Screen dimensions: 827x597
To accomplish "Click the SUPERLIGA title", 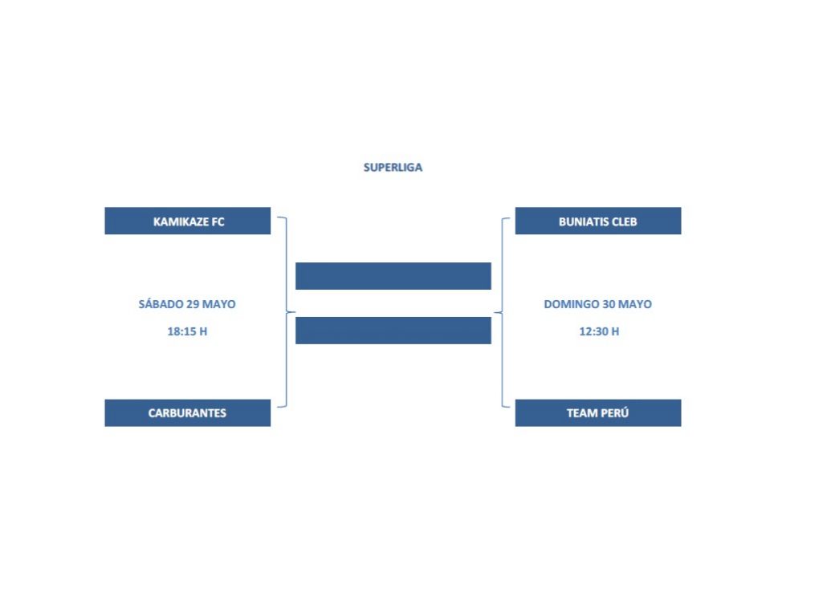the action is click(x=393, y=168).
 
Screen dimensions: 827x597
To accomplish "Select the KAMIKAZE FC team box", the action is click(x=188, y=221).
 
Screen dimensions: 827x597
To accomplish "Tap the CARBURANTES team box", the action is click(x=188, y=413).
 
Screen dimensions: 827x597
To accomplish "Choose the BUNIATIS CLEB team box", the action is click(x=598, y=221).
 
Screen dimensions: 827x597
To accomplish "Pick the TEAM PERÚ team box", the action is click(x=598, y=413).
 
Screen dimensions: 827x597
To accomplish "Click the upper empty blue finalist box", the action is click(x=393, y=276).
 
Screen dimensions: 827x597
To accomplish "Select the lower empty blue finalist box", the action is click(x=393, y=331).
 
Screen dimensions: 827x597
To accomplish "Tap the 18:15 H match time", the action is click(x=187, y=331).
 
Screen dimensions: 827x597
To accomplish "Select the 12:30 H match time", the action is click(x=599, y=331).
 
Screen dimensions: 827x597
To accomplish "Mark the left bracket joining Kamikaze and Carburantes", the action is click(x=287, y=312).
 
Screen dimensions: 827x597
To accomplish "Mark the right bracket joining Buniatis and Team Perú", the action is click(x=502, y=312).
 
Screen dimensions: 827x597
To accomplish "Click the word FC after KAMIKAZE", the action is click(x=218, y=221).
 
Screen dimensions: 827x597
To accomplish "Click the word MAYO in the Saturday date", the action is click(x=219, y=304).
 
